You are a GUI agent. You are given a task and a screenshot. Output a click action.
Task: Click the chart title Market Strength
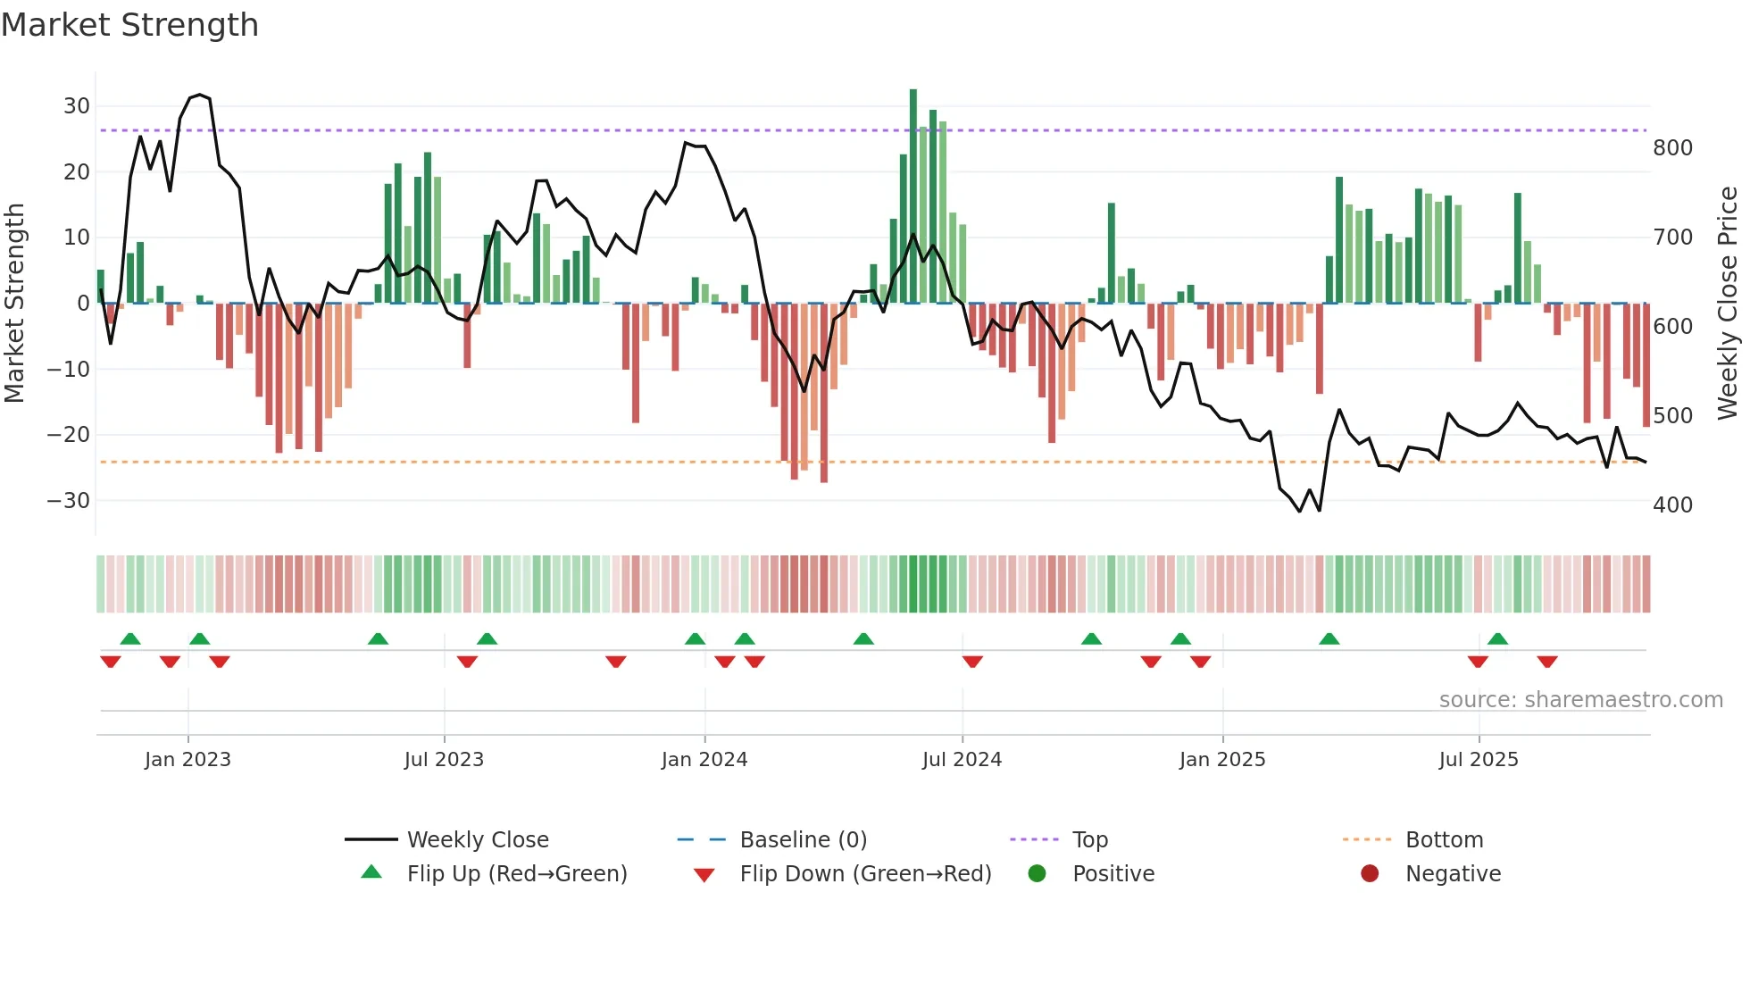129,25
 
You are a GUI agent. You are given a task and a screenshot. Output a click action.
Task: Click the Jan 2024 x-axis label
704,760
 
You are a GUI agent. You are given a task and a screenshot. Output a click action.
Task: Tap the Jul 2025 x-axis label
1479,760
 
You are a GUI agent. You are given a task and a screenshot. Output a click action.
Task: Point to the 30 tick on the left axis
77,106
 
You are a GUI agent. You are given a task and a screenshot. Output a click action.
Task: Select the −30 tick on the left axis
69,501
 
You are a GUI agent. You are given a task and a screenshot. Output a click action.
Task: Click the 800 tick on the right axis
1672,148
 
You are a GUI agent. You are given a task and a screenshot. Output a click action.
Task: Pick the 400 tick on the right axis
1672,505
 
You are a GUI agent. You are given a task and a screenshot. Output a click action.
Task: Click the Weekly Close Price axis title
1729,303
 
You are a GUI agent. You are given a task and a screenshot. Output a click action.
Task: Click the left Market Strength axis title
15,303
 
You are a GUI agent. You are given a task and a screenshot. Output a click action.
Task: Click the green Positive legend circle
1037,873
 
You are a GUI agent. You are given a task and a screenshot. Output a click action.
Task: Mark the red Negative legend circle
1370,873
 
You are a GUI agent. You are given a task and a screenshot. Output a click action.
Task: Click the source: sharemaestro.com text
1580,700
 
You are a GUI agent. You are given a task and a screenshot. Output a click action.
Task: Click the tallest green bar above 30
913,196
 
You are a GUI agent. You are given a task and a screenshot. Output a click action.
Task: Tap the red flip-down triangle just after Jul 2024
972,662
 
